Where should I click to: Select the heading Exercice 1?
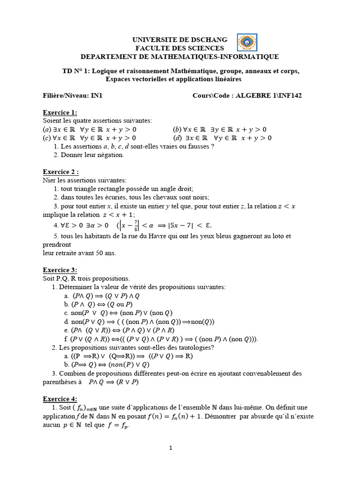coord(60,112)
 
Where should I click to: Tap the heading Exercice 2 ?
coord(61,172)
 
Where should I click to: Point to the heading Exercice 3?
coord(60,270)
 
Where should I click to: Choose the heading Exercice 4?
coord(60,398)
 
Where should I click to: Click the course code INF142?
coord(290,96)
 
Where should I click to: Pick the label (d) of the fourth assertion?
coord(177,138)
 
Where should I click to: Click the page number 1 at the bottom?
coord(171,448)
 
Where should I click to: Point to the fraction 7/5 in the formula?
coord(135,225)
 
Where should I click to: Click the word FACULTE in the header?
coord(151,48)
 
